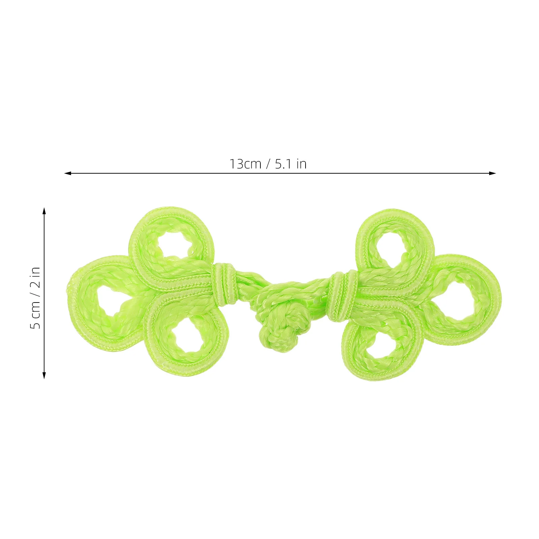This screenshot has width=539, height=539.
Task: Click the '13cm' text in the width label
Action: click(246, 164)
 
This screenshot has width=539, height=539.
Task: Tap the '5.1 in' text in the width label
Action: click(291, 164)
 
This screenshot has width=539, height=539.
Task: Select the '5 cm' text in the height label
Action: click(35, 315)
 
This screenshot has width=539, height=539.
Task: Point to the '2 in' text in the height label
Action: click(35, 277)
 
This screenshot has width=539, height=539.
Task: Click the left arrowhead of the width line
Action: click(68, 173)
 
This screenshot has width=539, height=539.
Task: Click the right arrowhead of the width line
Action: click(493, 173)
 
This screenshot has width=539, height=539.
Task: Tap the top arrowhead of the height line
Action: click(44, 211)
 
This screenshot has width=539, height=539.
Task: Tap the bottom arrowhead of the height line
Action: click(44, 375)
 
